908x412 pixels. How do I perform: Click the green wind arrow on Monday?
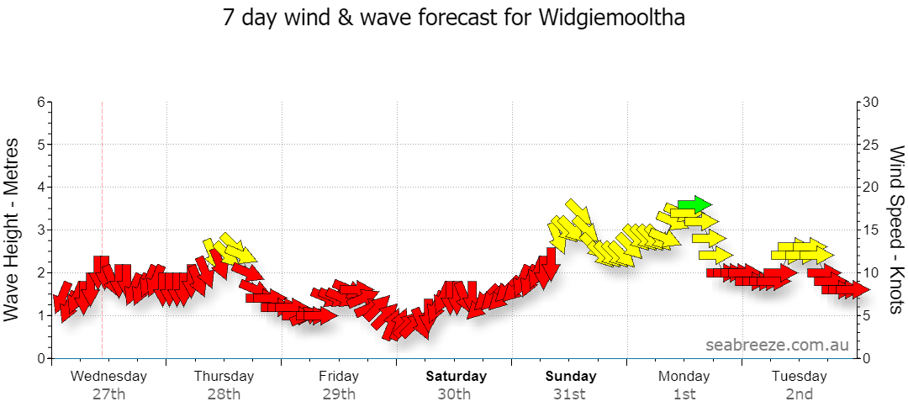point(694,204)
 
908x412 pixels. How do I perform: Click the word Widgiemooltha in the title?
point(612,18)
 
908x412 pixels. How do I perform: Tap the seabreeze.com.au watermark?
point(777,345)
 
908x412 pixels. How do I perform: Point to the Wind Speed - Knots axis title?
point(896,230)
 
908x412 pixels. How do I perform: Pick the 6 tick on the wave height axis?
point(40,102)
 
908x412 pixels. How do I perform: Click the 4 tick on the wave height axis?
point(40,188)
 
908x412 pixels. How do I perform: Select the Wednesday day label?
point(108,376)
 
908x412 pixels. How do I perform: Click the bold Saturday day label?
point(457,376)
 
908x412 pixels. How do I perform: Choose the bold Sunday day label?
point(571,376)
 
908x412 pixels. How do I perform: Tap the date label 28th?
point(224,394)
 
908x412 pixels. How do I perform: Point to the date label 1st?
point(684,394)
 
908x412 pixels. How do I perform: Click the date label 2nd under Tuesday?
point(800,394)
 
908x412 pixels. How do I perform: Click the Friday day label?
point(338,376)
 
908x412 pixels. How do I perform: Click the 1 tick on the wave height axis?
point(40,316)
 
